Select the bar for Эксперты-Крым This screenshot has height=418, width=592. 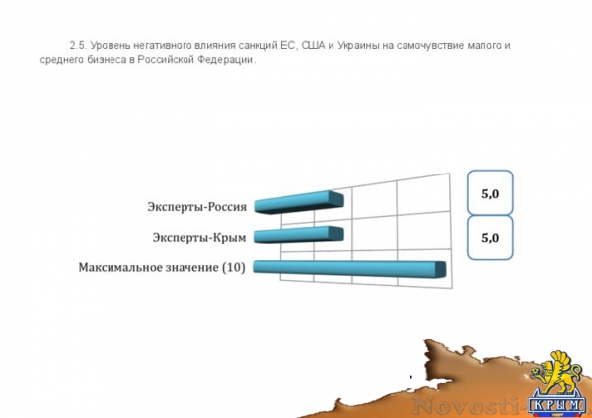pos(298,235)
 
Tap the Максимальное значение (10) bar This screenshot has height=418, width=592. pos(351,266)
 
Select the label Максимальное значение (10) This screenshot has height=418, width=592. pos(162,267)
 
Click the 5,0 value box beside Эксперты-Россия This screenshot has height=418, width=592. pos(490,194)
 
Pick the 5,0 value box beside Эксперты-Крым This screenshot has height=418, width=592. pos(490,238)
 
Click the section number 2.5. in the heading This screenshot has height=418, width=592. pos(79,46)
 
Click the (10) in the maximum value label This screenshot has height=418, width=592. pos(233,267)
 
